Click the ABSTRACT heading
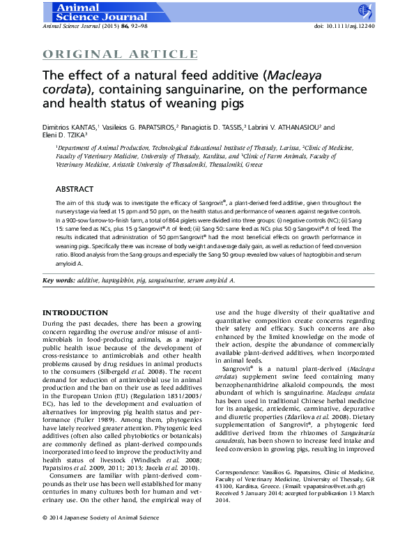point(75,189)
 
